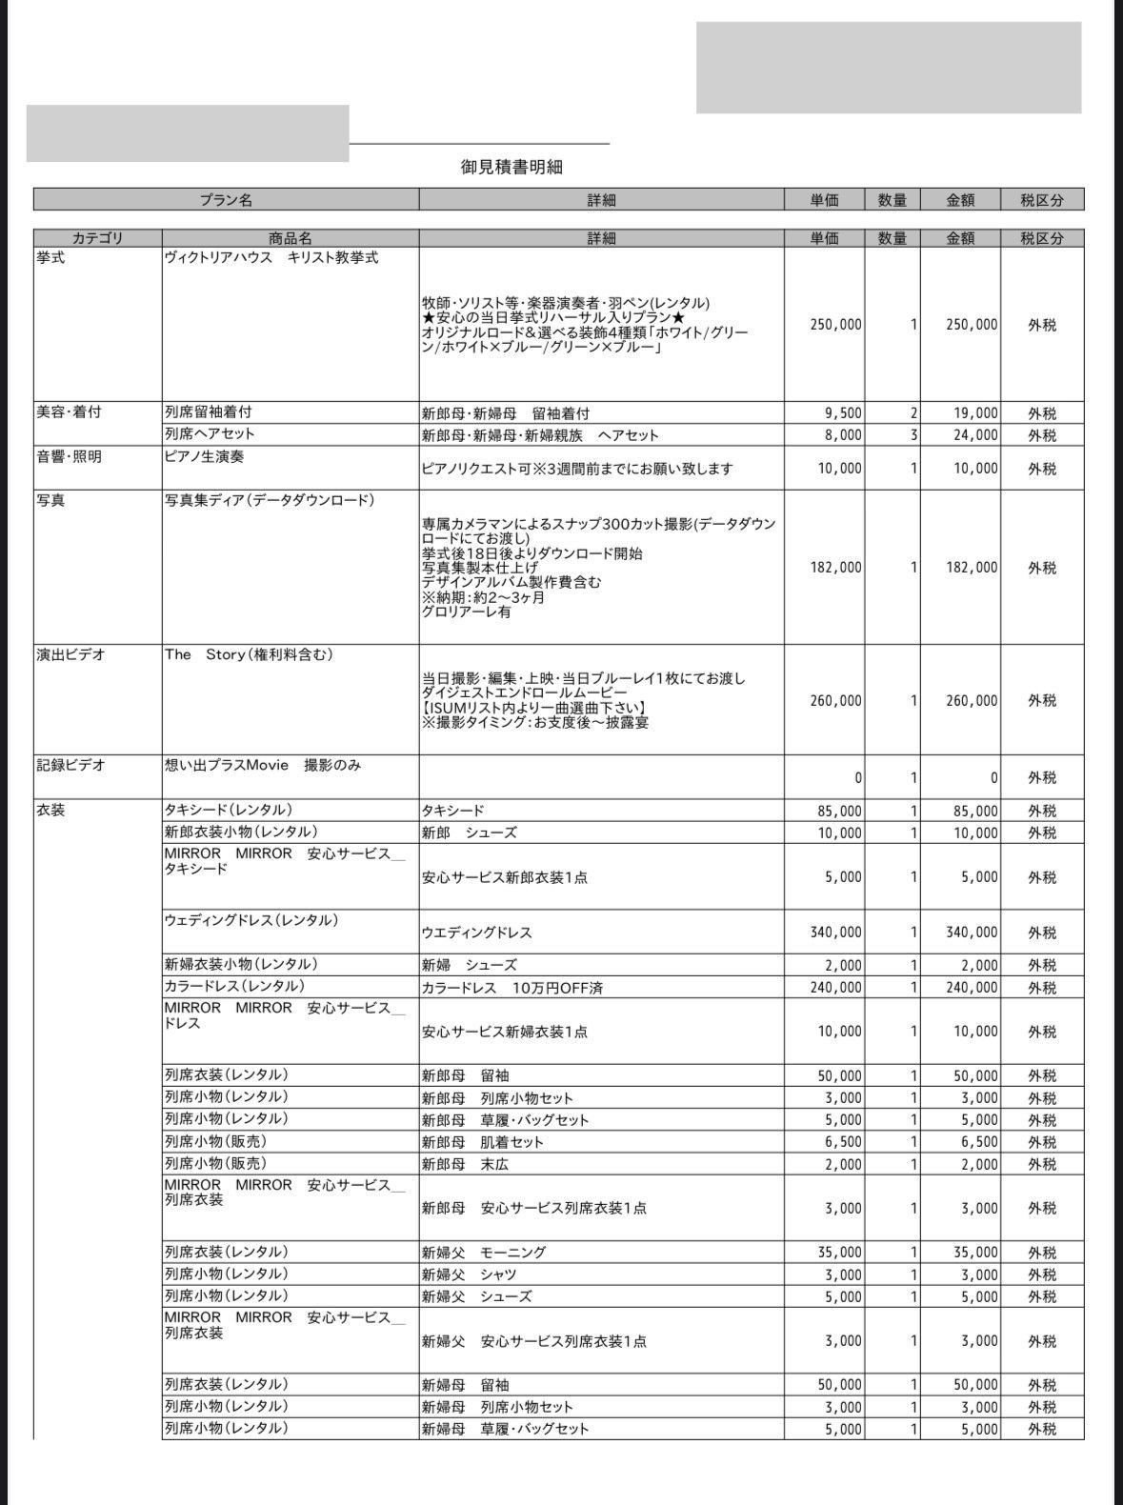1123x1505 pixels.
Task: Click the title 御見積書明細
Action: click(511, 167)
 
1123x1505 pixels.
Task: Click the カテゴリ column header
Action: click(97, 238)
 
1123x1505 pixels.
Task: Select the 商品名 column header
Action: click(290, 238)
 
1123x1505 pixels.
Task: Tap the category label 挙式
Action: click(50, 258)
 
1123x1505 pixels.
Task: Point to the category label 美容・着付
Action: click(69, 412)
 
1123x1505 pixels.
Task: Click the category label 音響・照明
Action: click(69, 457)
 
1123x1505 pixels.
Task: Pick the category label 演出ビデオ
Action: click(70, 655)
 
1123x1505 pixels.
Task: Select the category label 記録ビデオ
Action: click(70, 765)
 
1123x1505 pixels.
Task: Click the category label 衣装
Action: click(50, 811)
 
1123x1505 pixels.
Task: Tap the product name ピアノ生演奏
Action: click(204, 457)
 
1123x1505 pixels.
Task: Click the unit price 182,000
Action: click(835, 568)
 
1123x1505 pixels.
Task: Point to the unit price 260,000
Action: click(835, 701)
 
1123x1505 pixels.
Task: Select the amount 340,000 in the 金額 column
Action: click(972, 933)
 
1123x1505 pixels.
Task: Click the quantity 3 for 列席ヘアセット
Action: click(913, 435)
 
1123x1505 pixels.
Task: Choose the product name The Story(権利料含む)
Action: click(249, 655)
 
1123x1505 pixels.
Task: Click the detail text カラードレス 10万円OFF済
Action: click(511, 988)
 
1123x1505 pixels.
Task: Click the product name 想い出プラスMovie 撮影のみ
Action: click(263, 765)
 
